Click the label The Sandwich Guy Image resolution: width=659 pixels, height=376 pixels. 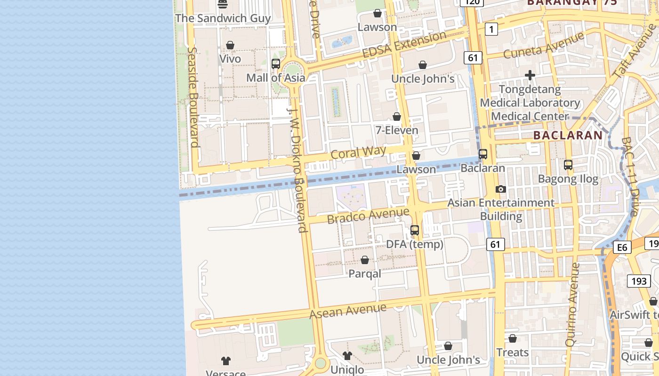click(223, 18)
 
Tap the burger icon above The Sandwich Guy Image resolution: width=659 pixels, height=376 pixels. click(223, 4)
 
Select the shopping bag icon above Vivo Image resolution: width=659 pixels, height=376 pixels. click(230, 45)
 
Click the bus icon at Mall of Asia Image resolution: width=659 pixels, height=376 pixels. click(276, 64)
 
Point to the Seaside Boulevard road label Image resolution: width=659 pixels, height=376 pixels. click(193, 97)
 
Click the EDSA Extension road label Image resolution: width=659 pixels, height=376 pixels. click(404, 45)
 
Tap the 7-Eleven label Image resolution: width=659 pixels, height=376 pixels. click(397, 130)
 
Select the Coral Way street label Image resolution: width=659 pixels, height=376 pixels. click(358, 153)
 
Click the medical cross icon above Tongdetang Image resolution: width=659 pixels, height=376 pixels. click(530, 75)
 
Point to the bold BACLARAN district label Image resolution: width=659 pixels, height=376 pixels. click(568, 135)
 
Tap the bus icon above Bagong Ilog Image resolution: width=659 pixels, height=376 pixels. click(568, 165)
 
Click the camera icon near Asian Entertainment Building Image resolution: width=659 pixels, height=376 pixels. click(501, 189)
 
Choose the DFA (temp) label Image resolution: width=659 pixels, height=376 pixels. click(415, 244)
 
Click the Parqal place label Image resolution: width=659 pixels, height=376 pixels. click(365, 274)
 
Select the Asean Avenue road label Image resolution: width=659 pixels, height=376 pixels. click(348, 311)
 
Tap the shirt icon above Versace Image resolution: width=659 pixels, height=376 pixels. click(226, 361)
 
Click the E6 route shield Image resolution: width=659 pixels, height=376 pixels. click(622, 247)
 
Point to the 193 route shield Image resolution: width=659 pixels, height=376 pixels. click(639, 281)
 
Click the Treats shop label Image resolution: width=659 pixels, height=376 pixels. click(513, 352)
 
